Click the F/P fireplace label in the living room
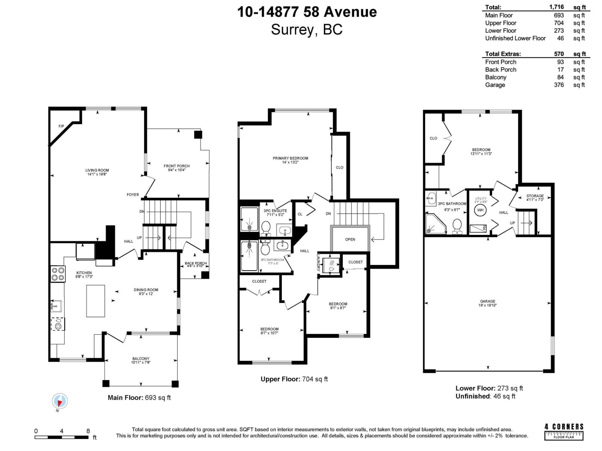[x=61, y=126]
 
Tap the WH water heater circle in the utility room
[x=480, y=210]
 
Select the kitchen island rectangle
[x=96, y=301]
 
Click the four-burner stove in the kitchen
[x=58, y=274]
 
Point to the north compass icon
[x=60, y=401]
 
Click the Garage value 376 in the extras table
[x=559, y=85]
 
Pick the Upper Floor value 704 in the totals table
[x=559, y=23]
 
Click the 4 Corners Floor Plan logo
[x=564, y=431]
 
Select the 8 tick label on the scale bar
[x=88, y=431]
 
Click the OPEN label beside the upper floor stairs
[x=350, y=239]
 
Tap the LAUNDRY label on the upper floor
[x=318, y=263]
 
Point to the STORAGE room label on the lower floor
[x=535, y=196]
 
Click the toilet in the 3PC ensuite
[x=266, y=227]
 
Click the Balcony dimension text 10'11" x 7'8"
[x=141, y=363]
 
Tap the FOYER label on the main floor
[x=133, y=195]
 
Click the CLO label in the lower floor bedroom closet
[x=433, y=138]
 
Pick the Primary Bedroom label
[x=290, y=158]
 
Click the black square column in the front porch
[x=198, y=135]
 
